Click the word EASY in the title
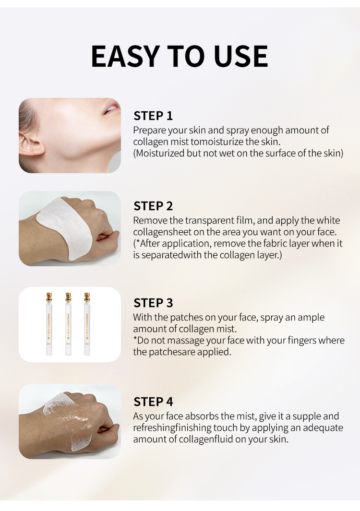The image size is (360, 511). click(126, 56)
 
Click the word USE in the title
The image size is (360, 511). click(241, 56)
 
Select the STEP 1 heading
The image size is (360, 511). click(153, 116)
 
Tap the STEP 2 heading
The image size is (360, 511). click(153, 206)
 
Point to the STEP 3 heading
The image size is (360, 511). click(153, 303)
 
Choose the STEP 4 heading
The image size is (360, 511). click(153, 402)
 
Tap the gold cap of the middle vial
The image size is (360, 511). click(68, 297)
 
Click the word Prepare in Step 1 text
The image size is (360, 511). click(149, 131)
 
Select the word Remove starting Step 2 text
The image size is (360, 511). click(150, 221)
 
